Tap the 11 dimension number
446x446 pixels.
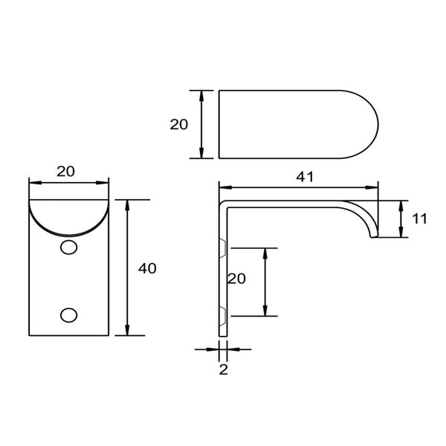(x=420, y=219)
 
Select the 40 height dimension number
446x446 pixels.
(x=147, y=268)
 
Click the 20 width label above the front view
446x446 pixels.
(x=65, y=171)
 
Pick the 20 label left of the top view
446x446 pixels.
(x=179, y=125)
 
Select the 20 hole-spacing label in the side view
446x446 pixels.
(x=237, y=279)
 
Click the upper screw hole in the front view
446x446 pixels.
(x=68, y=247)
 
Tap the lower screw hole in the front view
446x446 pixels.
(x=68, y=316)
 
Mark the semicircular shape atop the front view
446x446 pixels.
(x=68, y=216)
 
